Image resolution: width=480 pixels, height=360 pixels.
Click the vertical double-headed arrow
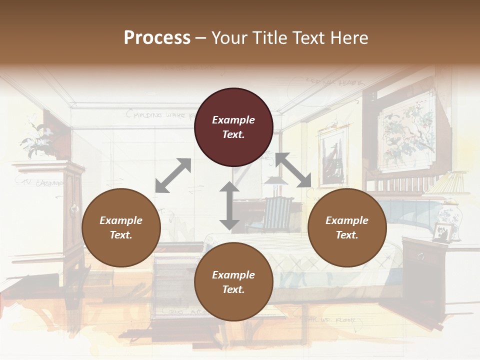[229, 205]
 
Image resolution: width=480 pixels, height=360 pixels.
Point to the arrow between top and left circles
[173, 175]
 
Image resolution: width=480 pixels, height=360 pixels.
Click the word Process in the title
[157, 37]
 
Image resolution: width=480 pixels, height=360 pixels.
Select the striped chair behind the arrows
[276, 212]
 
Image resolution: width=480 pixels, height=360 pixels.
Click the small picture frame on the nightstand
[441, 232]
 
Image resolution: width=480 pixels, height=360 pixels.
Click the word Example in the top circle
[233, 120]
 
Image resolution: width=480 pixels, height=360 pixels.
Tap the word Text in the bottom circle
[232, 289]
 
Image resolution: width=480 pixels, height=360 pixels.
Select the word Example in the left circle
[121, 220]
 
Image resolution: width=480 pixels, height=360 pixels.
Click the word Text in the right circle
[346, 235]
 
